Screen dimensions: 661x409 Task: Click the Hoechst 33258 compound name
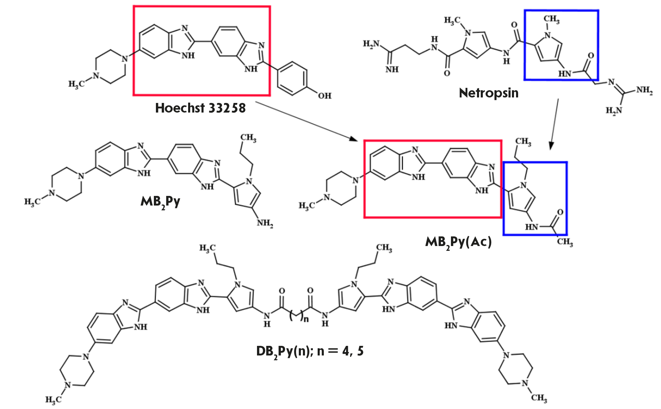click(200, 108)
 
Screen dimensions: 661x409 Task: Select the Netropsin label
click(489, 93)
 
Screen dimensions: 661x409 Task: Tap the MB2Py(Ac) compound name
click(458, 242)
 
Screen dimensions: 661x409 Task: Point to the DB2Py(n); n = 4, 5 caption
click(310, 351)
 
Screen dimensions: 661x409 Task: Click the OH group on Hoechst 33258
click(325, 96)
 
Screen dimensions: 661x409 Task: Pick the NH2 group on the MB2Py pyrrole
click(265, 223)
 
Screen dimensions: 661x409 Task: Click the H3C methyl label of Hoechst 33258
click(76, 84)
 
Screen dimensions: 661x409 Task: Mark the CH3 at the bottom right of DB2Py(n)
click(539, 398)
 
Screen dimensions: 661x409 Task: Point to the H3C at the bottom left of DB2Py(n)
click(53, 399)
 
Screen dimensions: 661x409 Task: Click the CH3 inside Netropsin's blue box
click(551, 19)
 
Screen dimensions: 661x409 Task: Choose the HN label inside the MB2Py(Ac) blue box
click(531, 227)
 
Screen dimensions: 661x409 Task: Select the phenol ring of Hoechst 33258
click(291, 78)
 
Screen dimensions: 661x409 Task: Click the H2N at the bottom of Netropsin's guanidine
click(614, 110)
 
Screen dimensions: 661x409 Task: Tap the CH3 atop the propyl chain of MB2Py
click(248, 138)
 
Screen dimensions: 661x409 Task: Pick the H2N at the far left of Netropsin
click(371, 44)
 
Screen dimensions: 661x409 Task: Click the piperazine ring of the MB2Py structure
click(66, 184)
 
